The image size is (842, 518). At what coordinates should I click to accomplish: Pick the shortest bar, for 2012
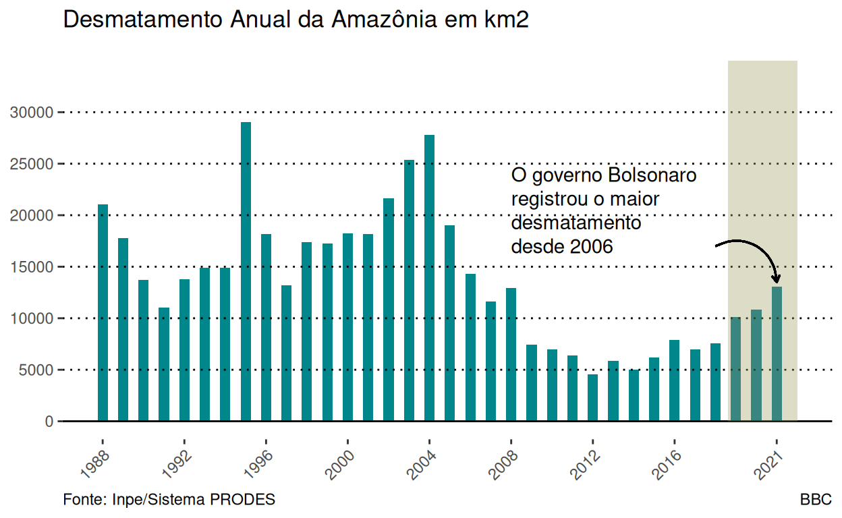point(592,397)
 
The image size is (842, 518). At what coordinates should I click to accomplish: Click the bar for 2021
point(777,353)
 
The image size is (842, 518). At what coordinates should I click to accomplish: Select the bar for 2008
point(511,354)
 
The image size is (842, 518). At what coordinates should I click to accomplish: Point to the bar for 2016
point(674,380)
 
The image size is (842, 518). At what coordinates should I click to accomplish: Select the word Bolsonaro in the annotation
point(651,176)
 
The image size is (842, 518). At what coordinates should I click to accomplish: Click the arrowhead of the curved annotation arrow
point(777,279)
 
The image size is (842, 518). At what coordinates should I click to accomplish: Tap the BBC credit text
point(816,500)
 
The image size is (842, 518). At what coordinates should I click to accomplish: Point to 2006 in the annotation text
point(591,247)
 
